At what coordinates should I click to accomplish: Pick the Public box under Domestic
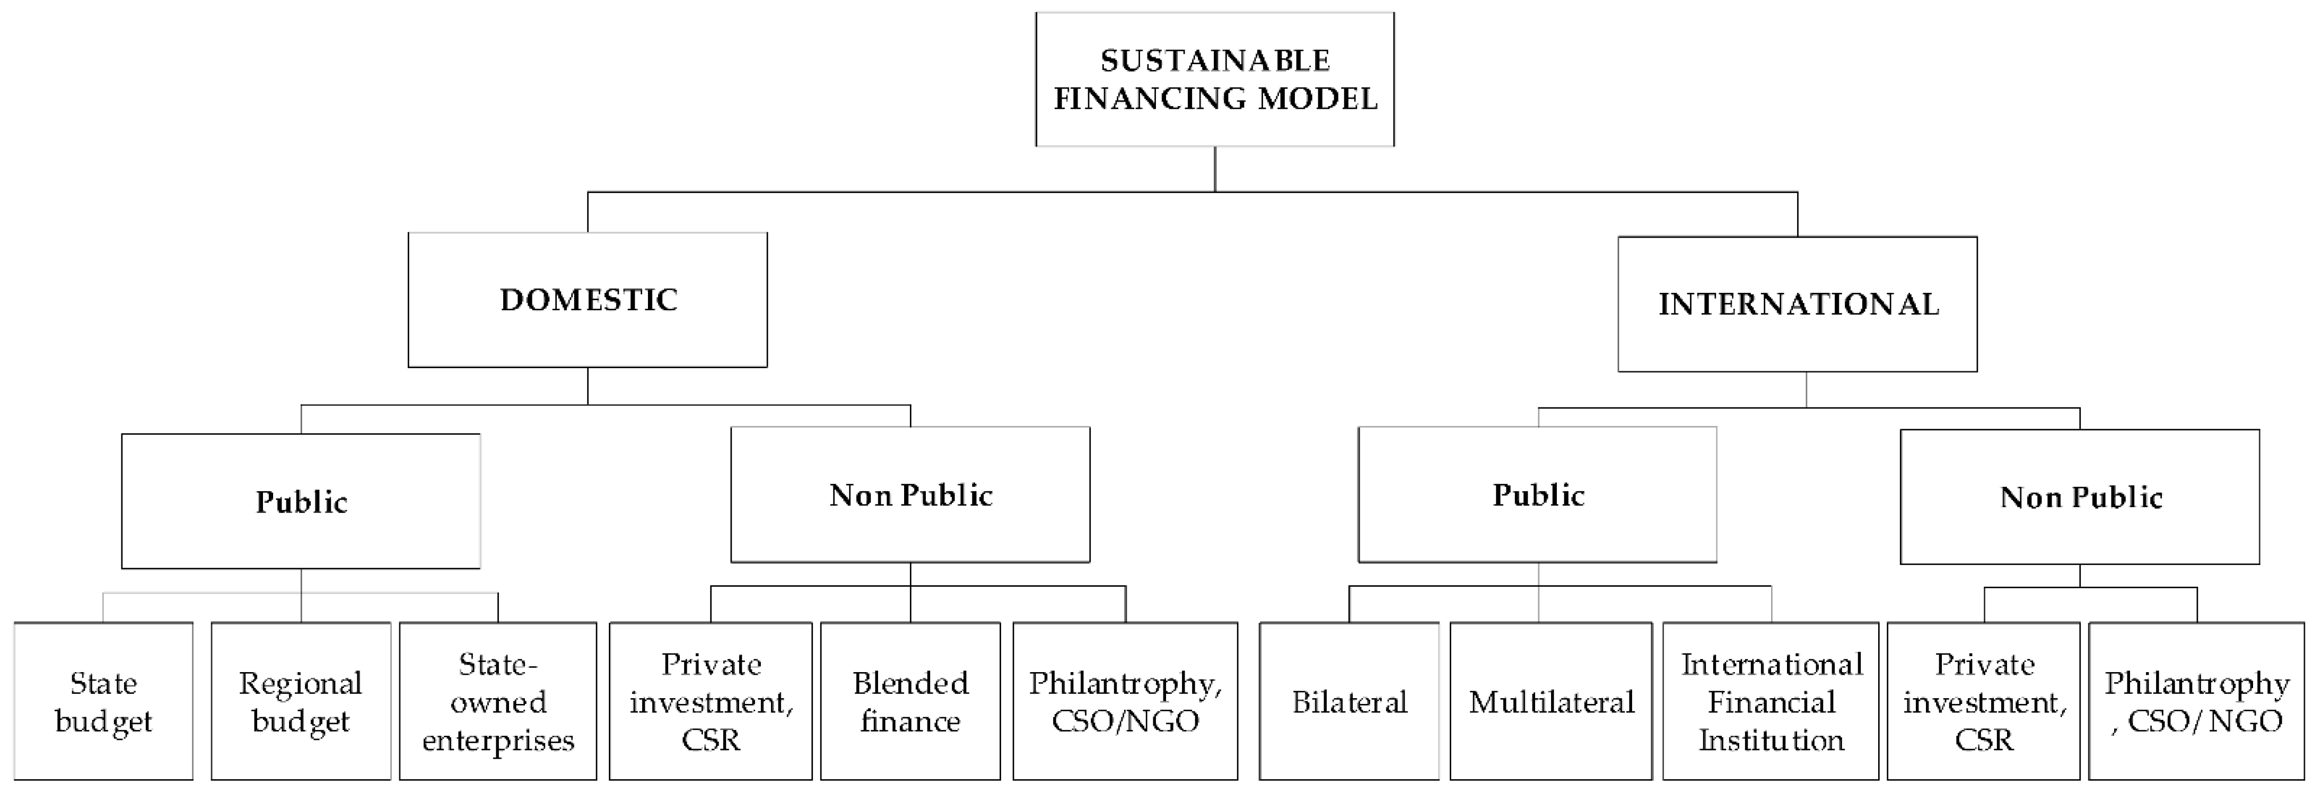[301, 501]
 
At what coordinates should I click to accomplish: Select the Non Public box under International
[2080, 497]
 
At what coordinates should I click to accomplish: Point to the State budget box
[103, 701]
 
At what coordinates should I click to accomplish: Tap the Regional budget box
[301, 701]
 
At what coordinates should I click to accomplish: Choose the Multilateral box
[1550, 701]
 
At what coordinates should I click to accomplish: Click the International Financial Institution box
[1770, 701]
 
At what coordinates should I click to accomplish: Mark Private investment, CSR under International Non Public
[1984, 701]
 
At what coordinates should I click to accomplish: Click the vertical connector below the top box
[1215, 169]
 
